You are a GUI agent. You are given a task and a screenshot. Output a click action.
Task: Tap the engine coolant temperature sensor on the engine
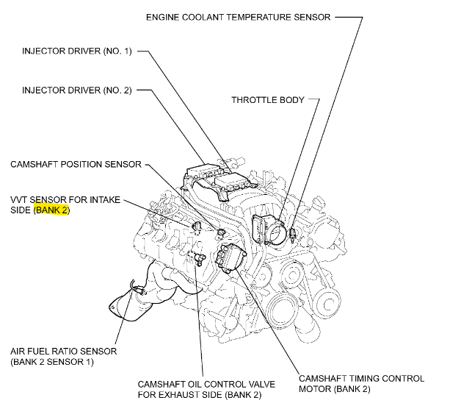pos(292,234)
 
